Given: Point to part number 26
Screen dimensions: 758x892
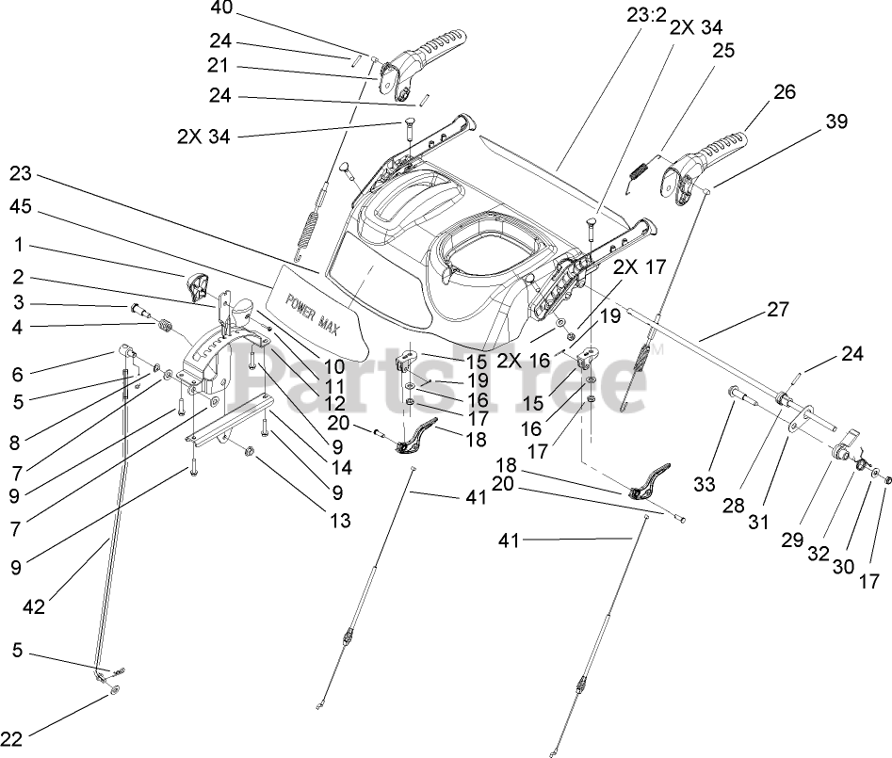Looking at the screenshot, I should [x=784, y=92].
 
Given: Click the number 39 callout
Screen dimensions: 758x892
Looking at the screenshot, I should [x=836, y=121].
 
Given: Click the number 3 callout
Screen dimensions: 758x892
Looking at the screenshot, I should [x=18, y=303].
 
